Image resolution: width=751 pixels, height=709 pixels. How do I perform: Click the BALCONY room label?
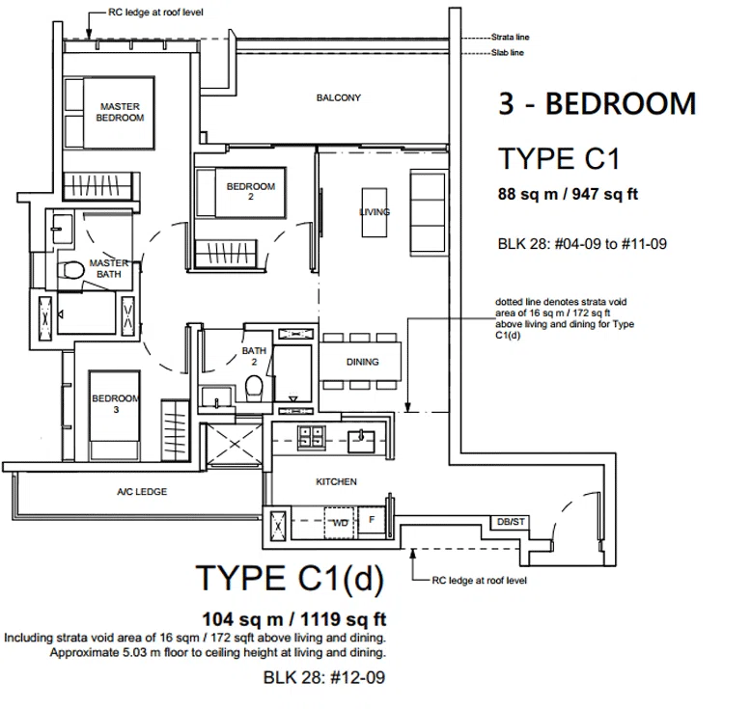click(x=338, y=97)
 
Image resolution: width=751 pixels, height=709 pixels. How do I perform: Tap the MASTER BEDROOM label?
click(x=120, y=112)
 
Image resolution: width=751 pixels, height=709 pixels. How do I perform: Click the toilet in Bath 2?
click(x=254, y=387)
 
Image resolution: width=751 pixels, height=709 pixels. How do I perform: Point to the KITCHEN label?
click(x=336, y=481)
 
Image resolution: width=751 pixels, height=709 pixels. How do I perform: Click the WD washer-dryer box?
click(x=340, y=523)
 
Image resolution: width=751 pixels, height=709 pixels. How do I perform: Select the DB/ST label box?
click(x=511, y=522)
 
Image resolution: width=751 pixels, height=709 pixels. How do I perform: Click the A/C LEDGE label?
click(x=142, y=492)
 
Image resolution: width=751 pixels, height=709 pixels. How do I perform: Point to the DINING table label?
click(x=363, y=362)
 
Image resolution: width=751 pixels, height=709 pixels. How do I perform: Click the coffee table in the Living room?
click(x=375, y=212)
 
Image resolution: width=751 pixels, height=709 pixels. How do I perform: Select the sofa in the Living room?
click(x=428, y=213)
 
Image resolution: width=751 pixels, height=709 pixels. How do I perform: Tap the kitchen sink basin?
click(x=361, y=441)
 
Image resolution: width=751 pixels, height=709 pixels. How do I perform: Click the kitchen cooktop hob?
click(x=312, y=437)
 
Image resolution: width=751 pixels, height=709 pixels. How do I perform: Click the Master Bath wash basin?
click(x=62, y=228)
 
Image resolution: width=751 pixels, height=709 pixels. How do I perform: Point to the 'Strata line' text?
click(x=510, y=37)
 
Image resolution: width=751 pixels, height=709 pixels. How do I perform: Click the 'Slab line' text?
click(x=508, y=53)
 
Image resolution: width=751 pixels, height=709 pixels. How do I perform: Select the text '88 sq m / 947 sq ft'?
click(x=568, y=194)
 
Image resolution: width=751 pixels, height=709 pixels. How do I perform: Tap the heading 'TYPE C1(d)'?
click(x=291, y=579)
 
